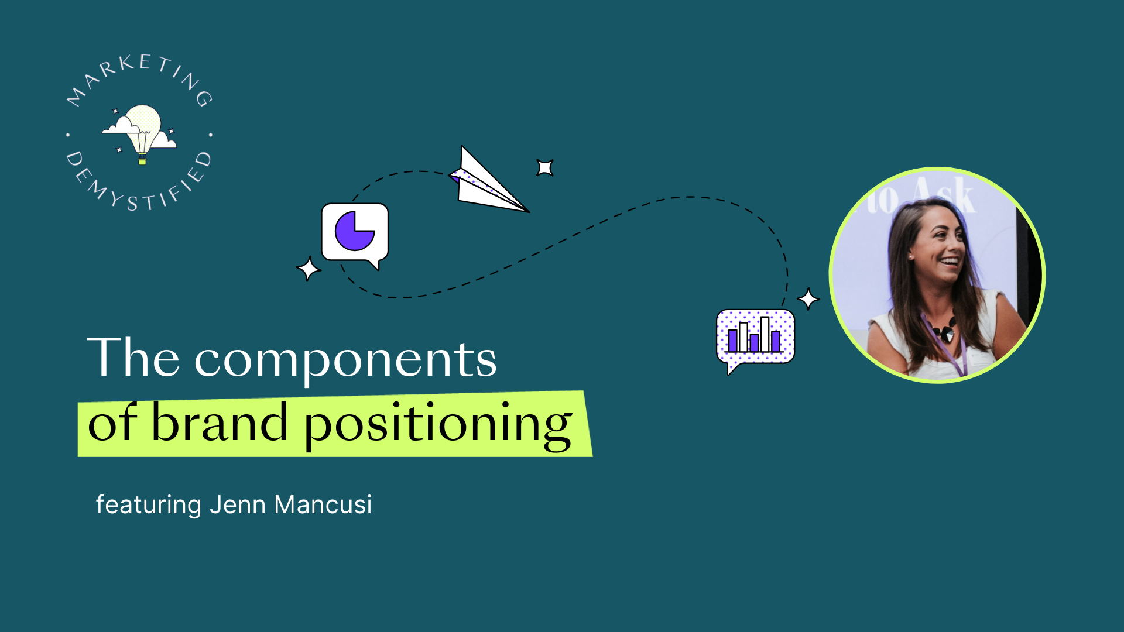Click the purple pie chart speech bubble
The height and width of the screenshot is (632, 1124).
(x=355, y=234)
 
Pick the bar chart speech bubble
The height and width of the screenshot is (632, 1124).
(x=755, y=339)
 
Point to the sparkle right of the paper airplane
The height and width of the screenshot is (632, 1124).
(x=545, y=168)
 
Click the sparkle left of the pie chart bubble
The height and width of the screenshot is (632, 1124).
(x=309, y=269)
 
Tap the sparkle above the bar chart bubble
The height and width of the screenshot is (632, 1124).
(x=808, y=299)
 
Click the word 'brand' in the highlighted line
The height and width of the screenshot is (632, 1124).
(x=220, y=422)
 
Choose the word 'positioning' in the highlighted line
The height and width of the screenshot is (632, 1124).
(x=438, y=427)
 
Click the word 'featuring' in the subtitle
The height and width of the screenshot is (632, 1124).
(x=149, y=505)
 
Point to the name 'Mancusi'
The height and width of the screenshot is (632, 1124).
(x=323, y=504)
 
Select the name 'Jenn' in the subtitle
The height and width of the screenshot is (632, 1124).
(x=238, y=504)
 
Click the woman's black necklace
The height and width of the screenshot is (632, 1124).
(x=944, y=331)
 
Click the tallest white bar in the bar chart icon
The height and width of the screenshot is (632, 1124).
(x=765, y=334)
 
